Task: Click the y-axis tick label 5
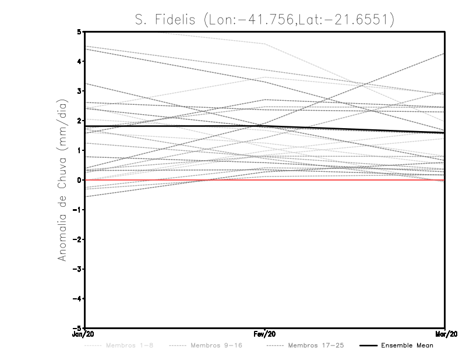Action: [79, 31]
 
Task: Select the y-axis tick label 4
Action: [79, 61]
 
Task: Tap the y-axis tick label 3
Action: [79, 91]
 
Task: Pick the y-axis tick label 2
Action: [79, 121]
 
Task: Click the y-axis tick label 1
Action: [79, 150]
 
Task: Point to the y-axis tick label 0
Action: [79, 180]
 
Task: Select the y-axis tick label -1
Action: [77, 210]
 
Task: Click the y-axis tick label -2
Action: [77, 239]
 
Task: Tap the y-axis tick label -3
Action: [77, 269]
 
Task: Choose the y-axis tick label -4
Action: [77, 298]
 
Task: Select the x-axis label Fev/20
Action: [265, 334]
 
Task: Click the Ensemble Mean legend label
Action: [408, 346]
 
